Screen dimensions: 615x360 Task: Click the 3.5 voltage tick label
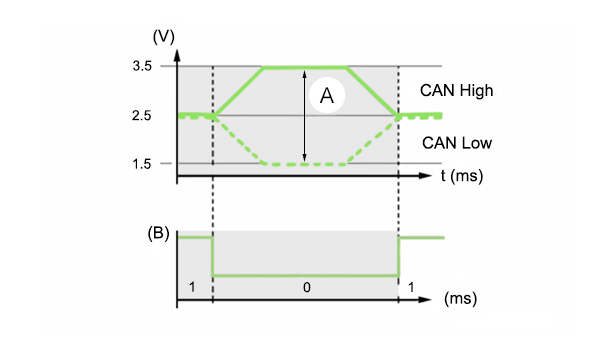click(x=142, y=66)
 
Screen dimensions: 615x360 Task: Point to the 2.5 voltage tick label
click(x=142, y=116)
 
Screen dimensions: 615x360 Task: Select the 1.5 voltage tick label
click(x=142, y=164)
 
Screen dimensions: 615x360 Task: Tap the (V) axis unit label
click(x=164, y=37)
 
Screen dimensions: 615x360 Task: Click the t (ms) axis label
click(x=462, y=176)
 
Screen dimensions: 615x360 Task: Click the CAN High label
click(x=457, y=91)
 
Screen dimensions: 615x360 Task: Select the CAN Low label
click(x=457, y=143)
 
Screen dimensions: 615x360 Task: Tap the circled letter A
click(x=327, y=96)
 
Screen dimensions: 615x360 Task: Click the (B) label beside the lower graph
click(x=158, y=233)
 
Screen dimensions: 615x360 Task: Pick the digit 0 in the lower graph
click(x=307, y=287)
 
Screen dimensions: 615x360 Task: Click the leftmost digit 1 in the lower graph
click(x=192, y=287)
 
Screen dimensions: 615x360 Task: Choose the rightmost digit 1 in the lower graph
click(x=411, y=287)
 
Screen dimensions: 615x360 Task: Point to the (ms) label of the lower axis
click(x=460, y=298)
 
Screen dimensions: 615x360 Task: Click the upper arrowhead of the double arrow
click(x=304, y=73)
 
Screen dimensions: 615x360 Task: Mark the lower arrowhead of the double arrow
click(x=304, y=158)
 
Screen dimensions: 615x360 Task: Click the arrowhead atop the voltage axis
click(x=177, y=55)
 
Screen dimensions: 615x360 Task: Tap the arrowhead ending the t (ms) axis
click(x=425, y=176)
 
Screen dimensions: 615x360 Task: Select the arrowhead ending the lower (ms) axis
click(x=425, y=300)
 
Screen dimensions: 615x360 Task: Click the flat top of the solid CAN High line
click(x=305, y=68)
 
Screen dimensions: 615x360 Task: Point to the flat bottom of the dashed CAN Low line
click(x=305, y=164)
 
